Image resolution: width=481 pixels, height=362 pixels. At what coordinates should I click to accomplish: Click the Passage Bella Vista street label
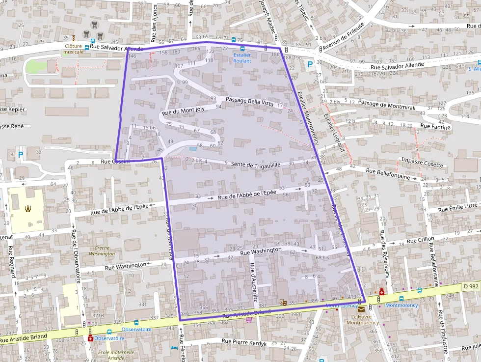point(249,101)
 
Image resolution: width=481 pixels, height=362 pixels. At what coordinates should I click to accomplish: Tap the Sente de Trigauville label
point(255,165)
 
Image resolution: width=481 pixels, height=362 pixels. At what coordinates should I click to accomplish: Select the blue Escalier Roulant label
point(242,58)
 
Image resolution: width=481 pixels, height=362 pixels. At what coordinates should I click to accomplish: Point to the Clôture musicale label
point(74,49)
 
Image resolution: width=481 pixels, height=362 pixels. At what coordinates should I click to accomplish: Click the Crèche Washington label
point(102,251)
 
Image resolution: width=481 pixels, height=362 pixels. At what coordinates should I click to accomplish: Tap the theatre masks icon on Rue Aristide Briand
point(282,303)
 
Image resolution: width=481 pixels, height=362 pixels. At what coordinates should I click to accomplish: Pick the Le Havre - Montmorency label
point(362,319)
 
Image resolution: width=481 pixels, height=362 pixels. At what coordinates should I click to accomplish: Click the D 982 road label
point(470,286)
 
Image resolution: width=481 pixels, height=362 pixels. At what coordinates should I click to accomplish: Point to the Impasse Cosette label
point(422,163)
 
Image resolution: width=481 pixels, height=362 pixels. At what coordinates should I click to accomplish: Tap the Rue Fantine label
point(435,126)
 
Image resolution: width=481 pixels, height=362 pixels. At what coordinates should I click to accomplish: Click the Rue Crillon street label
point(420,240)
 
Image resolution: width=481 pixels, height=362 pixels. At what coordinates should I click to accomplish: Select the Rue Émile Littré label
point(457,208)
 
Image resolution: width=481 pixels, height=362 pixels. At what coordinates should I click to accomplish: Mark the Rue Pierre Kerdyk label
point(244,342)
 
